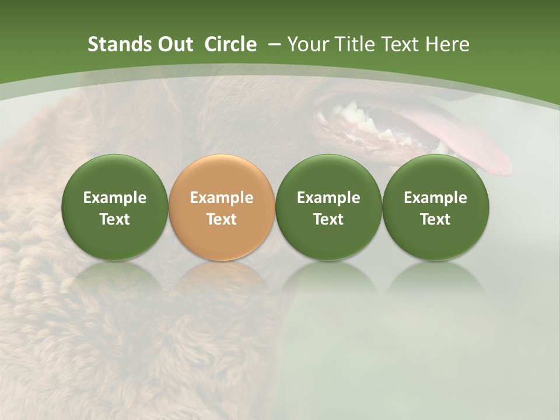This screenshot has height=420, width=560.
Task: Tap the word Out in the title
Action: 174,44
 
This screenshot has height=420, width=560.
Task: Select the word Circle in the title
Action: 230,44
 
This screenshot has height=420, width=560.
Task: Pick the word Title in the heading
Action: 355,44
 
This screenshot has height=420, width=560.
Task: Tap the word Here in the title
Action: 448,44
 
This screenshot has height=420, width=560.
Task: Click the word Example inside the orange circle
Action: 222,198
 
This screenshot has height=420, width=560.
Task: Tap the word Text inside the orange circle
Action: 222,219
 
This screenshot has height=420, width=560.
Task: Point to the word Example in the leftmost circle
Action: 115,198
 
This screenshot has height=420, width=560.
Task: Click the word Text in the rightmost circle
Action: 435,219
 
